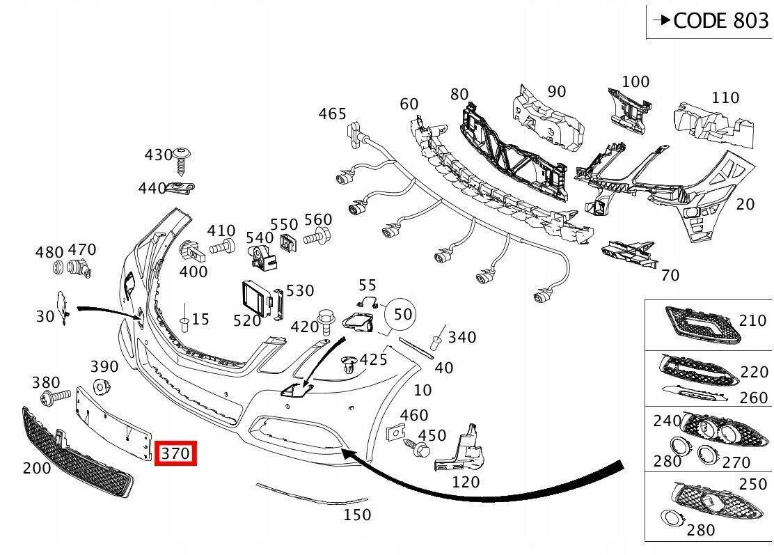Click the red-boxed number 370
176,454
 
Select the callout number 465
332,113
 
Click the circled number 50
403,314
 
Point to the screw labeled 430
184,159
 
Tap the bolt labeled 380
55,398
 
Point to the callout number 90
556,91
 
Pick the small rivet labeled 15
185,322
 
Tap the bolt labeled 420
324,320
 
